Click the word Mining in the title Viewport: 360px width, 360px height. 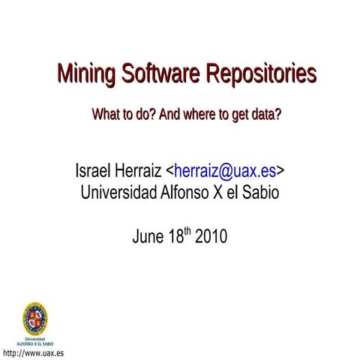pyautogui.click(x=84, y=75)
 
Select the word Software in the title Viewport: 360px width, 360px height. pyautogui.click(x=155, y=74)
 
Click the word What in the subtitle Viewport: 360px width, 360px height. pyautogui.click(x=104, y=116)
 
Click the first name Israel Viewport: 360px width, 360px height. pyautogui.click(x=92, y=171)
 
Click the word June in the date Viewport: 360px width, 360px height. pyautogui.click(x=147, y=237)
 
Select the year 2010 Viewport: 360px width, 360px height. pyautogui.click(x=211, y=237)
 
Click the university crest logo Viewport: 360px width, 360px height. pyautogui.click(x=34, y=317)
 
